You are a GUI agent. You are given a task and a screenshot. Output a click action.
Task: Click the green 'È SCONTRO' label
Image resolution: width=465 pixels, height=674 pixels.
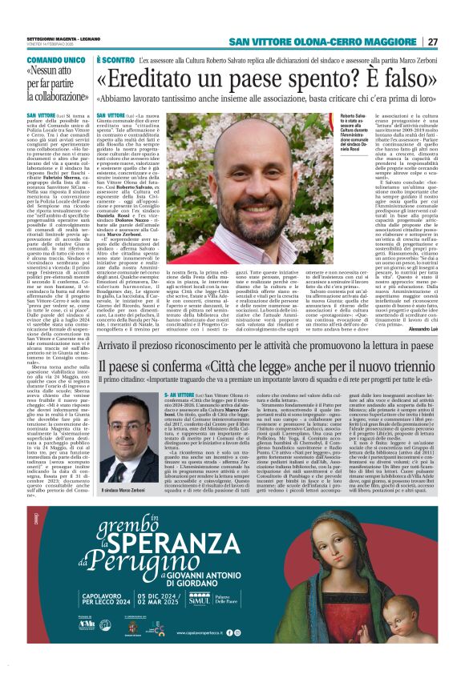coord(115,60)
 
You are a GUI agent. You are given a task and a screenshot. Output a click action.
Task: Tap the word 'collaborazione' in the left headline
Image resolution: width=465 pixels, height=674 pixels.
coord(55,102)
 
